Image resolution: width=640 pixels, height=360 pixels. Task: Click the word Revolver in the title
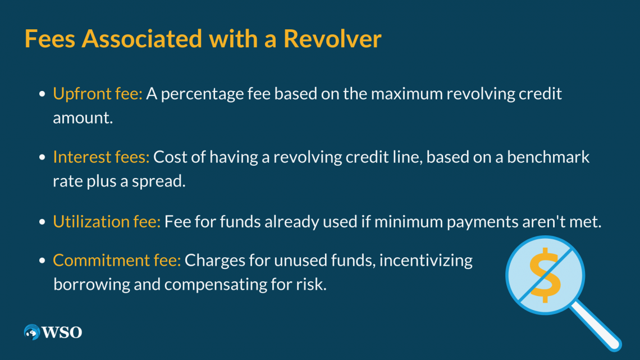click(x=332, y=39)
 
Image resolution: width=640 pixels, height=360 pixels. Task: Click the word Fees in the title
click(x=50, y=39)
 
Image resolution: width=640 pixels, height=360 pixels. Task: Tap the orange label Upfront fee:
click(x=98, y=94)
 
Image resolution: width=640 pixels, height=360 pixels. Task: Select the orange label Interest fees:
click(x=101, y=157)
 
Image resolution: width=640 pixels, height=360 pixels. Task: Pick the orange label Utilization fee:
click(x=107, y=222)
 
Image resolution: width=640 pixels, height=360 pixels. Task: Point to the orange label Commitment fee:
click(x=117, y=261)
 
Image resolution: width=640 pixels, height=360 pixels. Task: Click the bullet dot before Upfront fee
click(x=42, y=94)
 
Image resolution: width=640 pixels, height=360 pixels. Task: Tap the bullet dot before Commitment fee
click(x=42, y=261)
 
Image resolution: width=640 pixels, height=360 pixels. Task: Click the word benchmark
click(x=548, y=157)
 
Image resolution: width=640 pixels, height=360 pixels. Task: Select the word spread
click(x=158, y=181)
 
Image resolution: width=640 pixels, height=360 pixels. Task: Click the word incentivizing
click(x=426, y=261)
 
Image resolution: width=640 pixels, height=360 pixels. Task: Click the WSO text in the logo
click(x=62, y=332)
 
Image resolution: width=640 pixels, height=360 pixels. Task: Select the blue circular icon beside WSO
click(x=32, y=332)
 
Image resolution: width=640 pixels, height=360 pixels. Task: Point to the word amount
click(x=83, y=118)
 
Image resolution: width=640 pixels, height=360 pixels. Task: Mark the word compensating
click(x=216, y=285)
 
